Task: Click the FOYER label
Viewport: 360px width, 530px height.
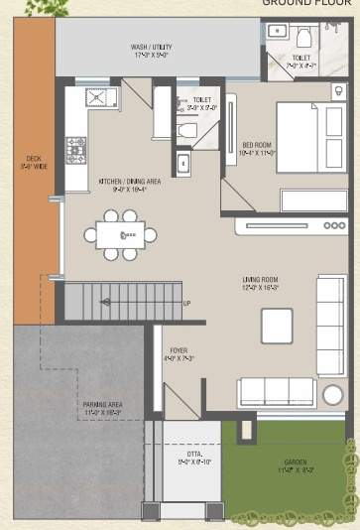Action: point(179,354)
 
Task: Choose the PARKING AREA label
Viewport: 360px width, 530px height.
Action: point(102,408)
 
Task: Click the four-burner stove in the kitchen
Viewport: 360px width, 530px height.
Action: point(76,149)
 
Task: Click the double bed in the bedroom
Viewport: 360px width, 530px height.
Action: point(311,139)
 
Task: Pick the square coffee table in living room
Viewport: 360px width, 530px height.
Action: point(277,326)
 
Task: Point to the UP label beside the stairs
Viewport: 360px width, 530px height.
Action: point(186,303)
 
